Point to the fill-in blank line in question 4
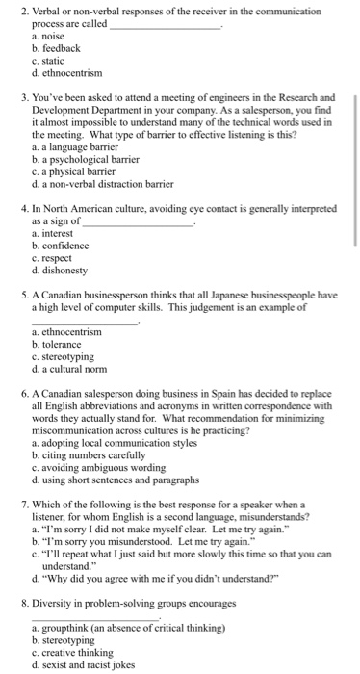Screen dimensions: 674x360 (140, 223)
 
